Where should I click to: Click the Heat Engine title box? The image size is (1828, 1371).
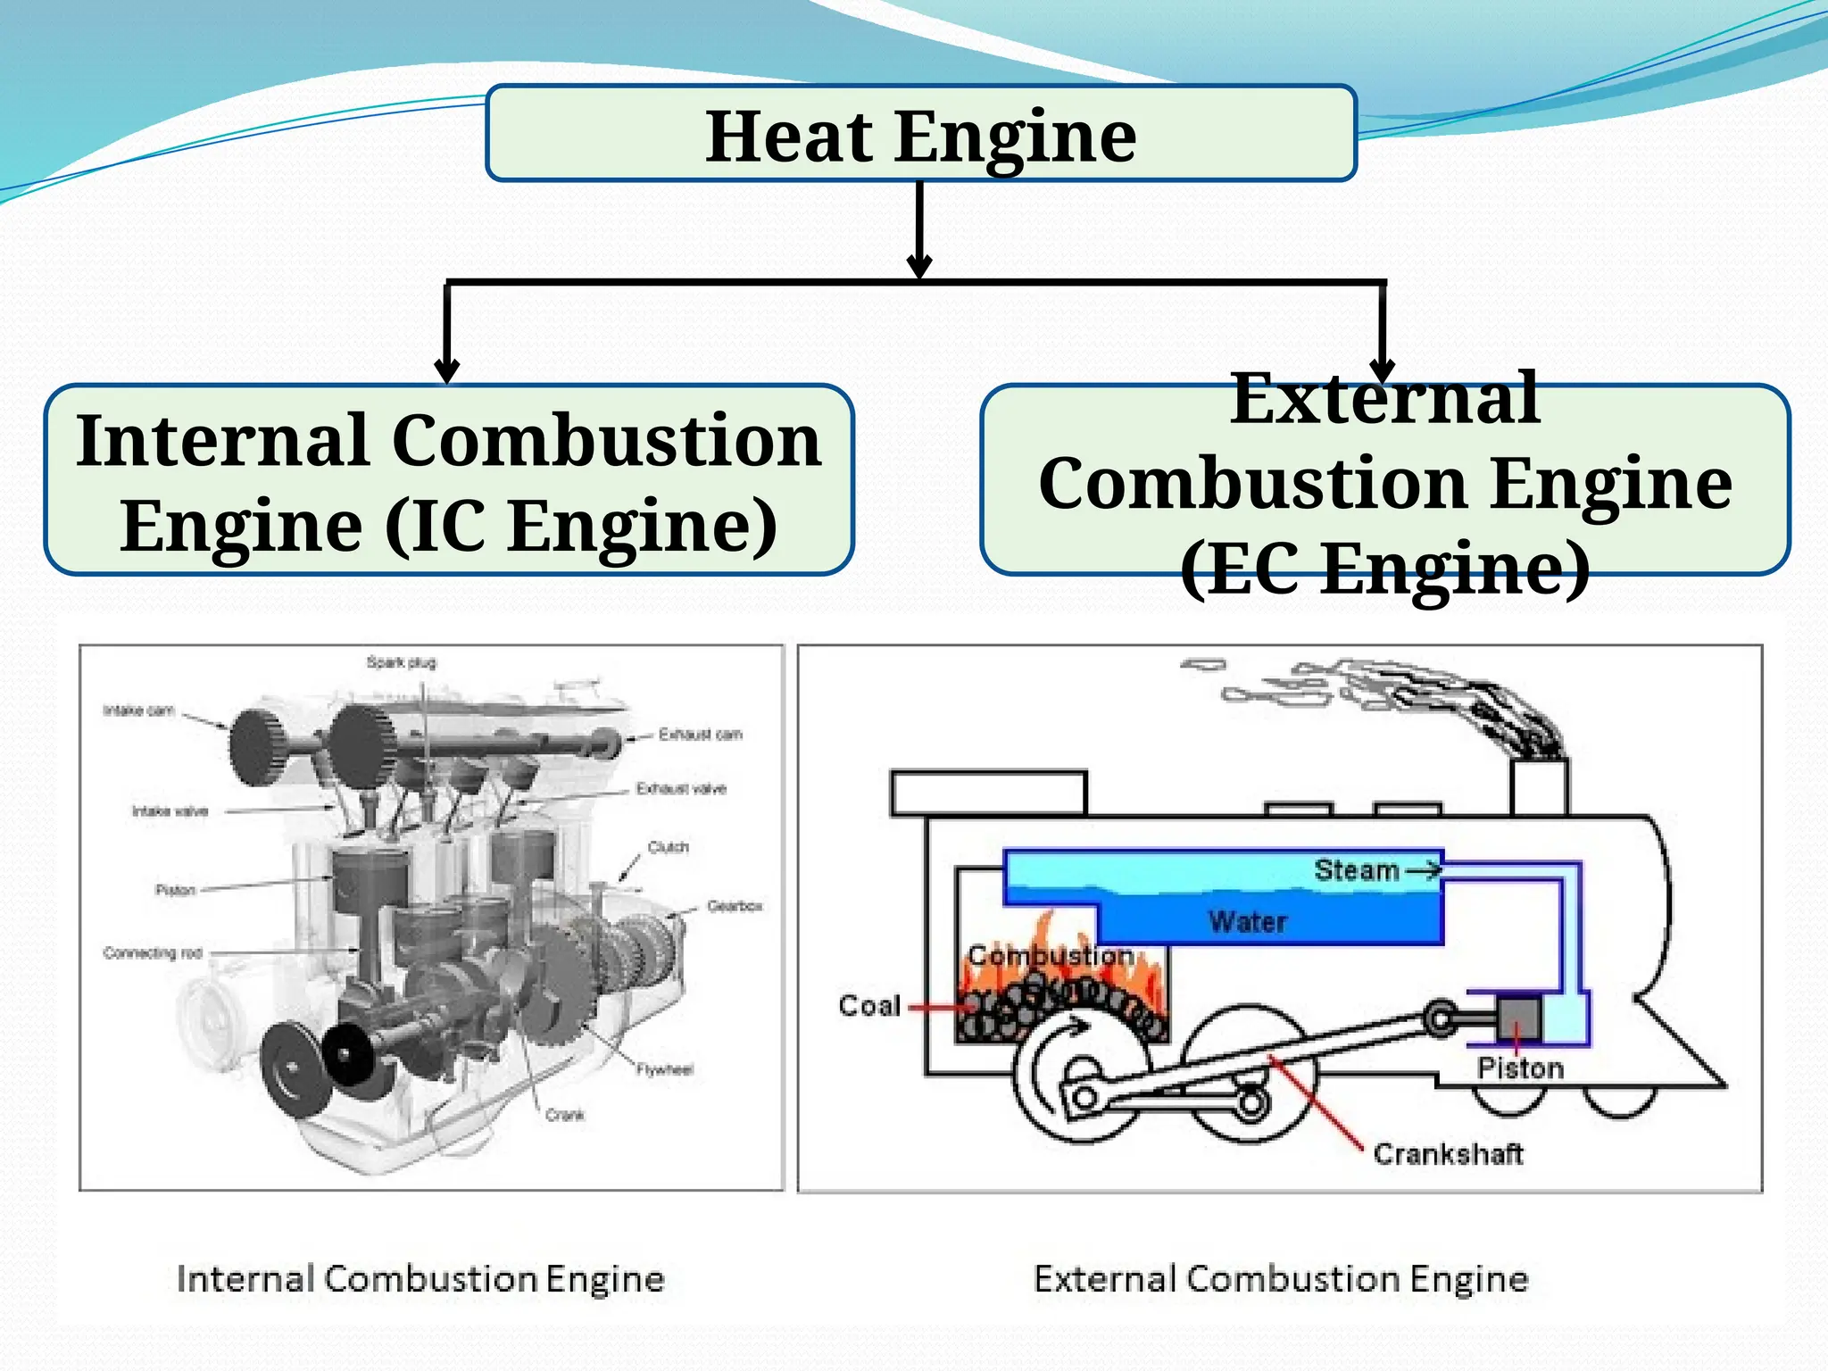(920, 134)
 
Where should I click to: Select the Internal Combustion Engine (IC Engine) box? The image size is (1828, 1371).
(449, 480)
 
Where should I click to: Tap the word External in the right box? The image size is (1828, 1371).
(1384, 399)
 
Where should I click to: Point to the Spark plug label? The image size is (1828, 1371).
(402, 662)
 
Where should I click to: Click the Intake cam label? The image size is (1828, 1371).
(138, 710)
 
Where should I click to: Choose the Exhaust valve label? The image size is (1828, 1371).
(681, 789)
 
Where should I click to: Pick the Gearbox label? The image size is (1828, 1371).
(735, 906)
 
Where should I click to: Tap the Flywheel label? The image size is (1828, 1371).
(665, 1069)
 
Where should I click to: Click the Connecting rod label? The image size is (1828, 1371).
(153, 953)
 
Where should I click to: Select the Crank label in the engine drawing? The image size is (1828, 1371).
(565, 1115)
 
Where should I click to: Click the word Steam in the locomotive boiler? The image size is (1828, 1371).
(1356, 870)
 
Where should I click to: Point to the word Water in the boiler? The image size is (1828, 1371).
(1248, 922)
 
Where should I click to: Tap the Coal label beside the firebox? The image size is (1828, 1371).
(869, 1006)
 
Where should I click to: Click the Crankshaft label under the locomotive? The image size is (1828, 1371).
(1448, 1154)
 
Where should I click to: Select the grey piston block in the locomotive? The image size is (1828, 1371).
(1518, 1018)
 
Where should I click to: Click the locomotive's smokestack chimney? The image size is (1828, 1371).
(1540, 785)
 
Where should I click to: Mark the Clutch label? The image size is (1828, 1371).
(669, 847)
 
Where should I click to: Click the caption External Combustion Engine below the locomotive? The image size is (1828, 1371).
(1281, 1279)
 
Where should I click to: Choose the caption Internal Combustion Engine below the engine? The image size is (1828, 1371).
(420, 1279)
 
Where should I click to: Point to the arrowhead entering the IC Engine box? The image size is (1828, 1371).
(446, 371)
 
